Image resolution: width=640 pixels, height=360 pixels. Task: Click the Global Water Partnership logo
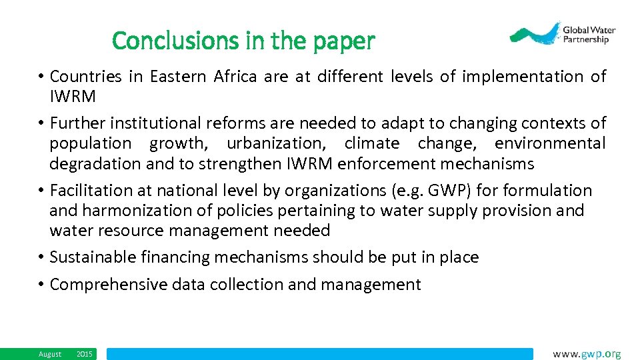tap(563, 33)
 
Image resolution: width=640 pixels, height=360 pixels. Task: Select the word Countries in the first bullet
tap(86, 77)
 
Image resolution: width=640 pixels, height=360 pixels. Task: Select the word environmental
tap(550, 143)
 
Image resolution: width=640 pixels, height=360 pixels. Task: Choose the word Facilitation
tap(91, 191)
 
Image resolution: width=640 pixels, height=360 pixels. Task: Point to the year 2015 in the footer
tap(85, 354)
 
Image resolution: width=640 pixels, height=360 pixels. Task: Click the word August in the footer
tap(50, 354)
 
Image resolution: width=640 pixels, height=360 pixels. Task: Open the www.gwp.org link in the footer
tap(587, 354)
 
